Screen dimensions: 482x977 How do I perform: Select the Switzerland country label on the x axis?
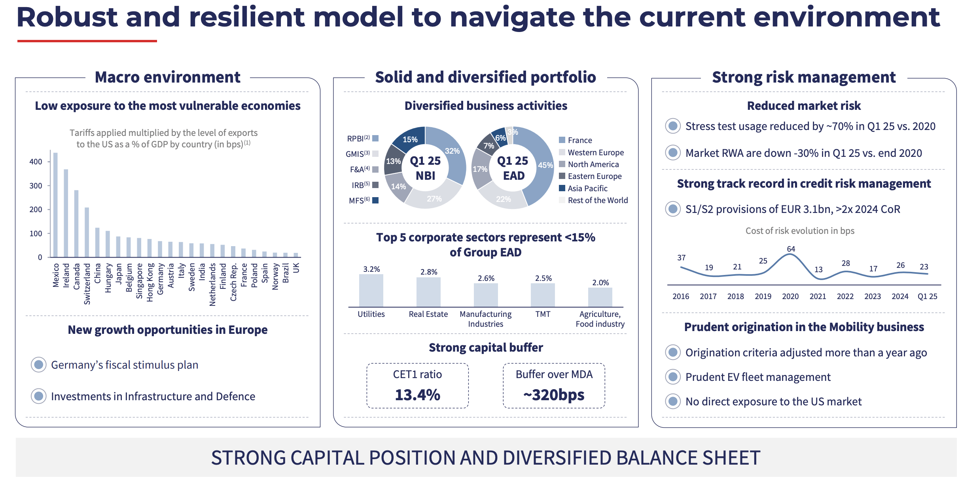[x=87, y=284]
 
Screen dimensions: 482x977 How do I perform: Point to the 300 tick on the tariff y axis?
[x=36, y=186]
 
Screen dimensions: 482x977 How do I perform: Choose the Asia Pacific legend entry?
[x=587, y=188]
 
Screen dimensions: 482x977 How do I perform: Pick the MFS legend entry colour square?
[x=376, y=200]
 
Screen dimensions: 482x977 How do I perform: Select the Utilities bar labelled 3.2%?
[x=371, y=290]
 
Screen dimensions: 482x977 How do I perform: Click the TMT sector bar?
[x=543, y=295]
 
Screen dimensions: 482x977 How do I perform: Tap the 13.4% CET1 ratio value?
[x=417, y=395]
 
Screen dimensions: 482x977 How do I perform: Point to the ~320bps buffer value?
[x=554, y=395]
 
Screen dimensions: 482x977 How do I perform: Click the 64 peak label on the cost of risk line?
[x=791, y=249]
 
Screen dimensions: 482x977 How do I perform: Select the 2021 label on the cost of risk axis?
[x=818, y=296]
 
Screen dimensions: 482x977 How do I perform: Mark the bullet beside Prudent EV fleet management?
[x=673, y=377]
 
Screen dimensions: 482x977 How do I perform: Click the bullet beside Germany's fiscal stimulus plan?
[x=39, y=365]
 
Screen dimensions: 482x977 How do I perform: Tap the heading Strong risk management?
[x=803, y=77]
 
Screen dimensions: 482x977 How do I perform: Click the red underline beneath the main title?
[x=87, y=41]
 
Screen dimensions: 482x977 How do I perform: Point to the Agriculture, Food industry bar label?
[x=600, y=319]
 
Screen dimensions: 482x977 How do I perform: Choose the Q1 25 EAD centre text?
[x=513, y=168]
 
